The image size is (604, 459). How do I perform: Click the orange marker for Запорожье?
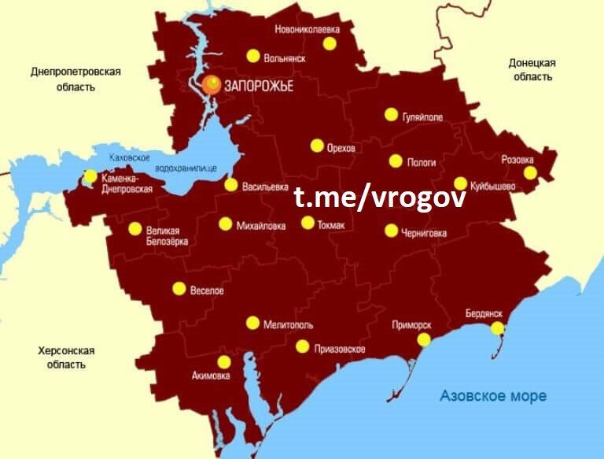coord(211,84)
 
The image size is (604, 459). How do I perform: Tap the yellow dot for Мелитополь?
coord(252,323)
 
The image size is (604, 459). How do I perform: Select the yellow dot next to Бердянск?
coord(497,328)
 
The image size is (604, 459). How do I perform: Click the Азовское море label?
coord(493,396)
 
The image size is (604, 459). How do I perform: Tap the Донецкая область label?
coord(532,70)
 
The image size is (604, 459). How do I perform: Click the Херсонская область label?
coord(66,357)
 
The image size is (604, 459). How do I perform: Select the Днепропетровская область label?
coord(75,80)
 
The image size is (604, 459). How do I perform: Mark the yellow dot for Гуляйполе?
coord(391,114)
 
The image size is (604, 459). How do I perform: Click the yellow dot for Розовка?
coord(530,172)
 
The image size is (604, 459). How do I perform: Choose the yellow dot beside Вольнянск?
coord(253,56)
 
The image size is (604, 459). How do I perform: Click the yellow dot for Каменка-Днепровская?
coord(90,176)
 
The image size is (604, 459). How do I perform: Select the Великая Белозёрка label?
coord(168,235)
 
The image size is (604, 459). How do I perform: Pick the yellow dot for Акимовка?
coord(224,362)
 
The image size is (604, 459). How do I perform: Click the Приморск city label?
coord(411,324)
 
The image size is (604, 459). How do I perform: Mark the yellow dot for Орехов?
coord(317,146)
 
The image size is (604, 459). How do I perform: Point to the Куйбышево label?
coord(493,187)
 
